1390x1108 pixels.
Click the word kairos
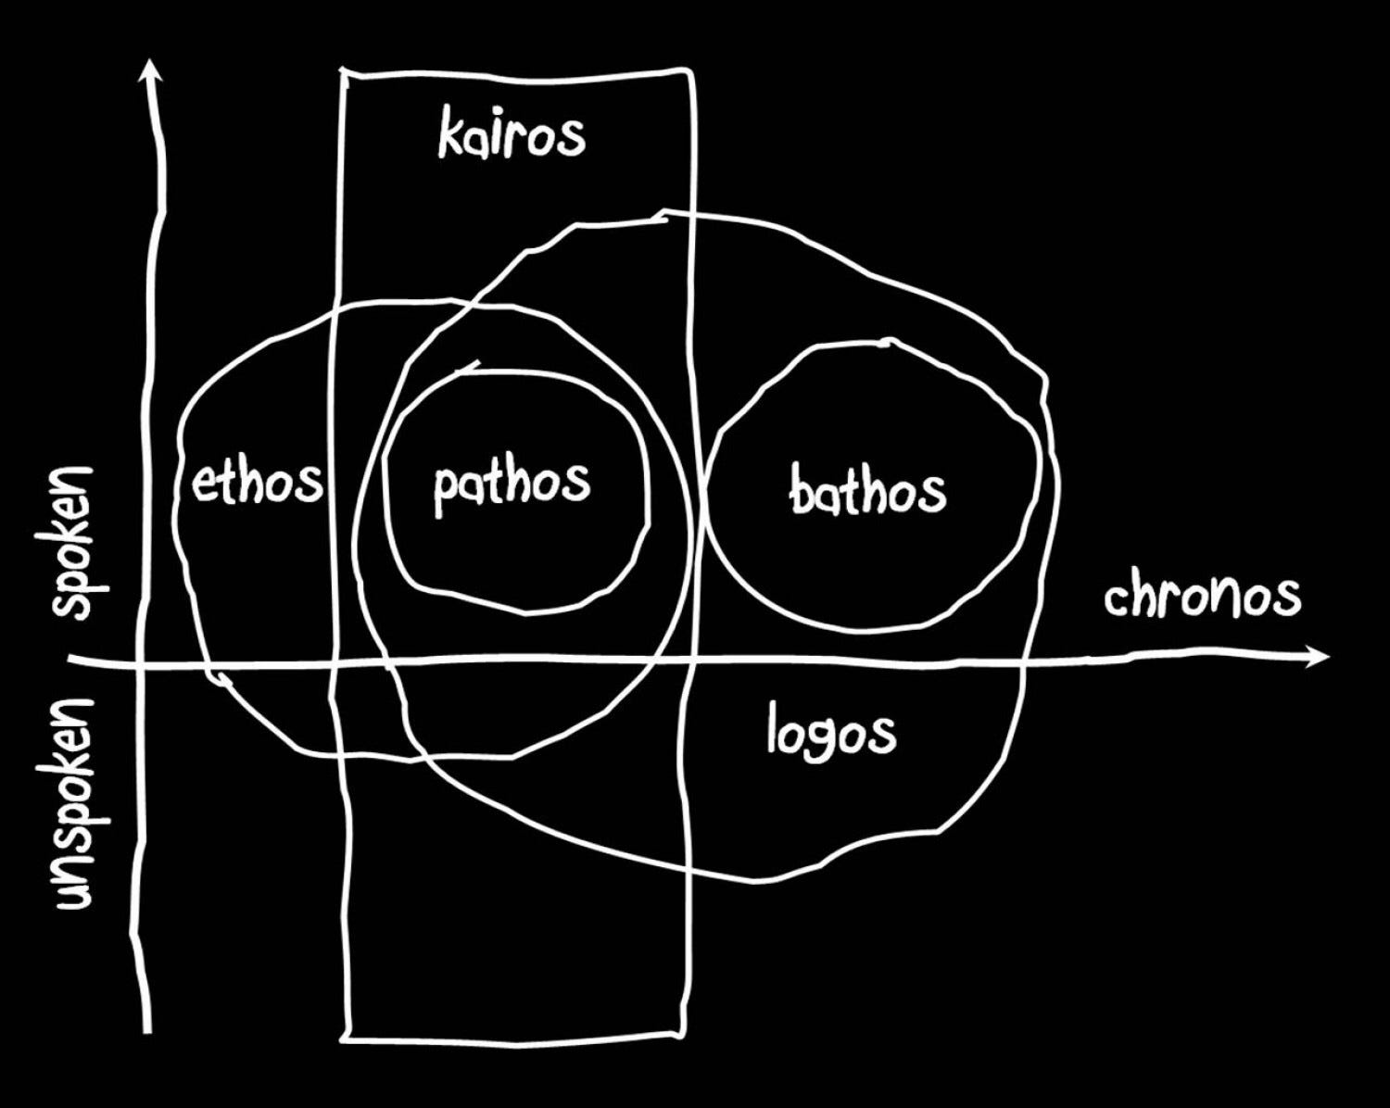512,135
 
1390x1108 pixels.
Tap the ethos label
257,482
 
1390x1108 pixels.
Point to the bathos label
868,490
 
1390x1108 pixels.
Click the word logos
831,732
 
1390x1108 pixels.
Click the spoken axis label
73,543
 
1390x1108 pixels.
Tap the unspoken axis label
73,804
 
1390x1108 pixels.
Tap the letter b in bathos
802,490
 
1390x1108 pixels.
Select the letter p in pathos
446,491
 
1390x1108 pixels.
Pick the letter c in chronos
1114,600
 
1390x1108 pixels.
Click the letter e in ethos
203,485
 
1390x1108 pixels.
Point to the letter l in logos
774,728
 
